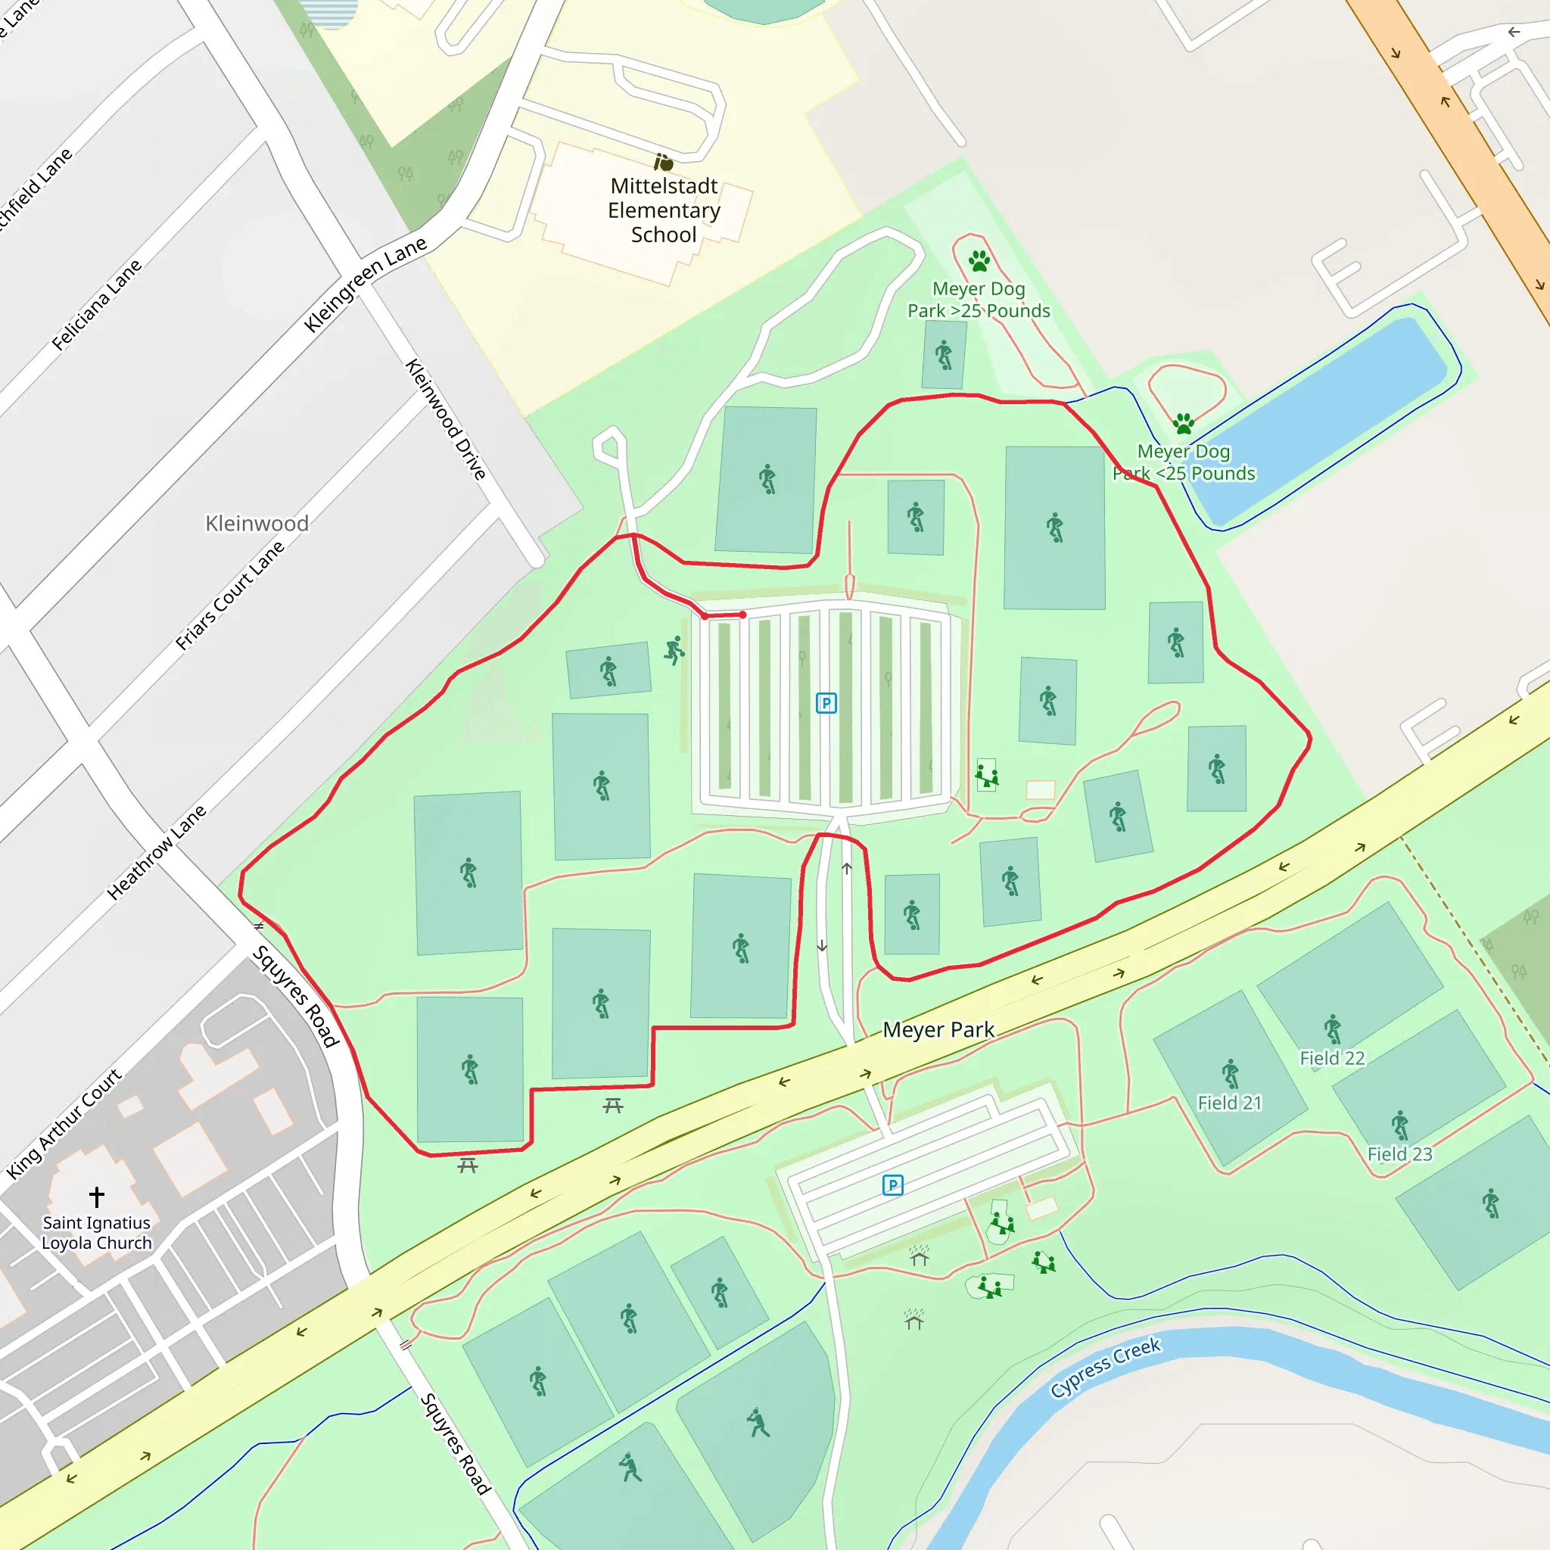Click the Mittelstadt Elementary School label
[664, 210]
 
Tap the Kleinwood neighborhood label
[257, 523]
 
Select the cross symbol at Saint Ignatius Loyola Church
[96, 1197]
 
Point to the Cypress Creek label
[1105, 1366]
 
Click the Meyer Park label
[938, 1029]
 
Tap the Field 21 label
[1229, 1103]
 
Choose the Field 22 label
[1332, 1058]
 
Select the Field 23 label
[1399, 1153]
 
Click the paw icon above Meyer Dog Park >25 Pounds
[979, 261]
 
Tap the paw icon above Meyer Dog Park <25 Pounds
[1184, 423]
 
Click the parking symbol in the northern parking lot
[826, 704]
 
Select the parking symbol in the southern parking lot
[893, 1185]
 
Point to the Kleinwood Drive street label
[446, 419]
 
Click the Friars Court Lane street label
[230, 594]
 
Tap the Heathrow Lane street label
[157, 851]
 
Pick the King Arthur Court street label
[64, 1123]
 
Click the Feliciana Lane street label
[96, 304]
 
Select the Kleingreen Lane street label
[365, 284]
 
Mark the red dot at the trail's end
[743, 615]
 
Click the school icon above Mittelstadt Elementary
[664, 162]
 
